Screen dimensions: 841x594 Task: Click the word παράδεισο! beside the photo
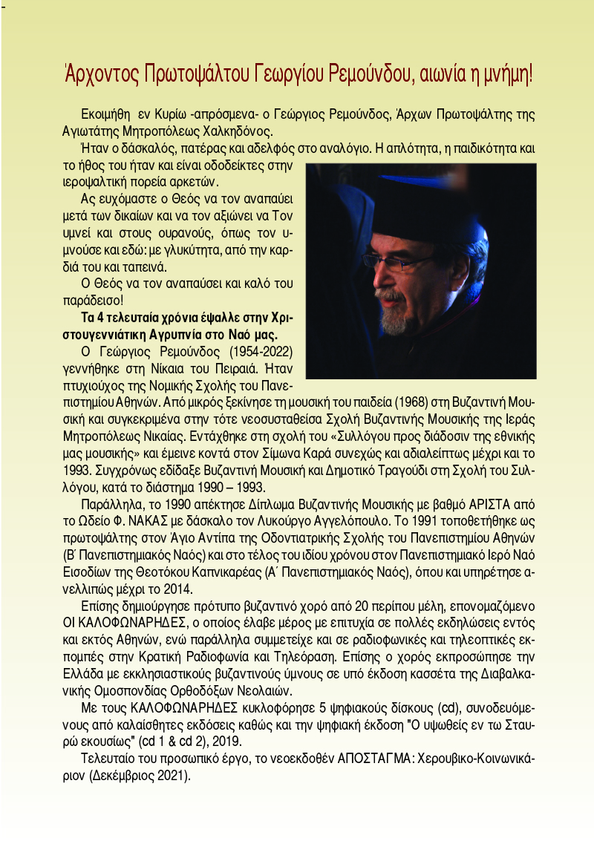click(x=93, y=301)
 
